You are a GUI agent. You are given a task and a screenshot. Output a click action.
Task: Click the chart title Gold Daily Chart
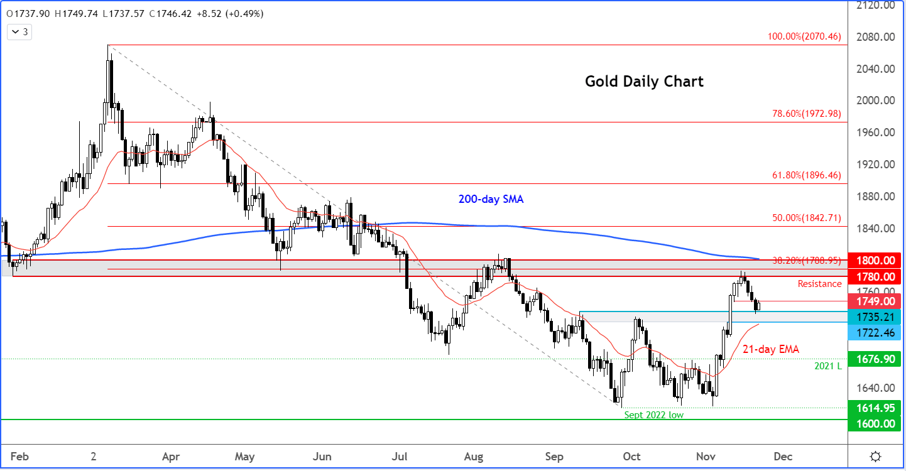[644, 82]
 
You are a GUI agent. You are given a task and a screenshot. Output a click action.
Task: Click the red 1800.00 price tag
[873, 260]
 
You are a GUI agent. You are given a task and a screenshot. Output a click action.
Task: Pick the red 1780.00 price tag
[873, 276]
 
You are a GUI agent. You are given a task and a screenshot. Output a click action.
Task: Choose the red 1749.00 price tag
[873, 301]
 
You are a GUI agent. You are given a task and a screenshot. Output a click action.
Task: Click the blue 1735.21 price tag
[873, 317]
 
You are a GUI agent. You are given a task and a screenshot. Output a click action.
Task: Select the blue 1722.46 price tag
[873, 332]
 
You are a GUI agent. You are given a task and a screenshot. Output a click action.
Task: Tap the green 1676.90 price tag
[873, 360]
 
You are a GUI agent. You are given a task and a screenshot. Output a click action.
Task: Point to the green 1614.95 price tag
[873, 408]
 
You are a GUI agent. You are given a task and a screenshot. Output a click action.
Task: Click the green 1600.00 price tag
[873, 424]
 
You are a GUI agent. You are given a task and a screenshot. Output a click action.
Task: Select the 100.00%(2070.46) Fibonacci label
[804, 37]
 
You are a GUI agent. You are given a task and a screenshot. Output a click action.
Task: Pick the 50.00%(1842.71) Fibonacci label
[806, 219]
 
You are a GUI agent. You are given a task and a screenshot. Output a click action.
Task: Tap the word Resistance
[819, 284]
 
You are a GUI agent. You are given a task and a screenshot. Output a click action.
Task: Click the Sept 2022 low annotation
[653, 415]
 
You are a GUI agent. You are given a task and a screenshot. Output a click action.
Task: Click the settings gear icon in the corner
[875, 456]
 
